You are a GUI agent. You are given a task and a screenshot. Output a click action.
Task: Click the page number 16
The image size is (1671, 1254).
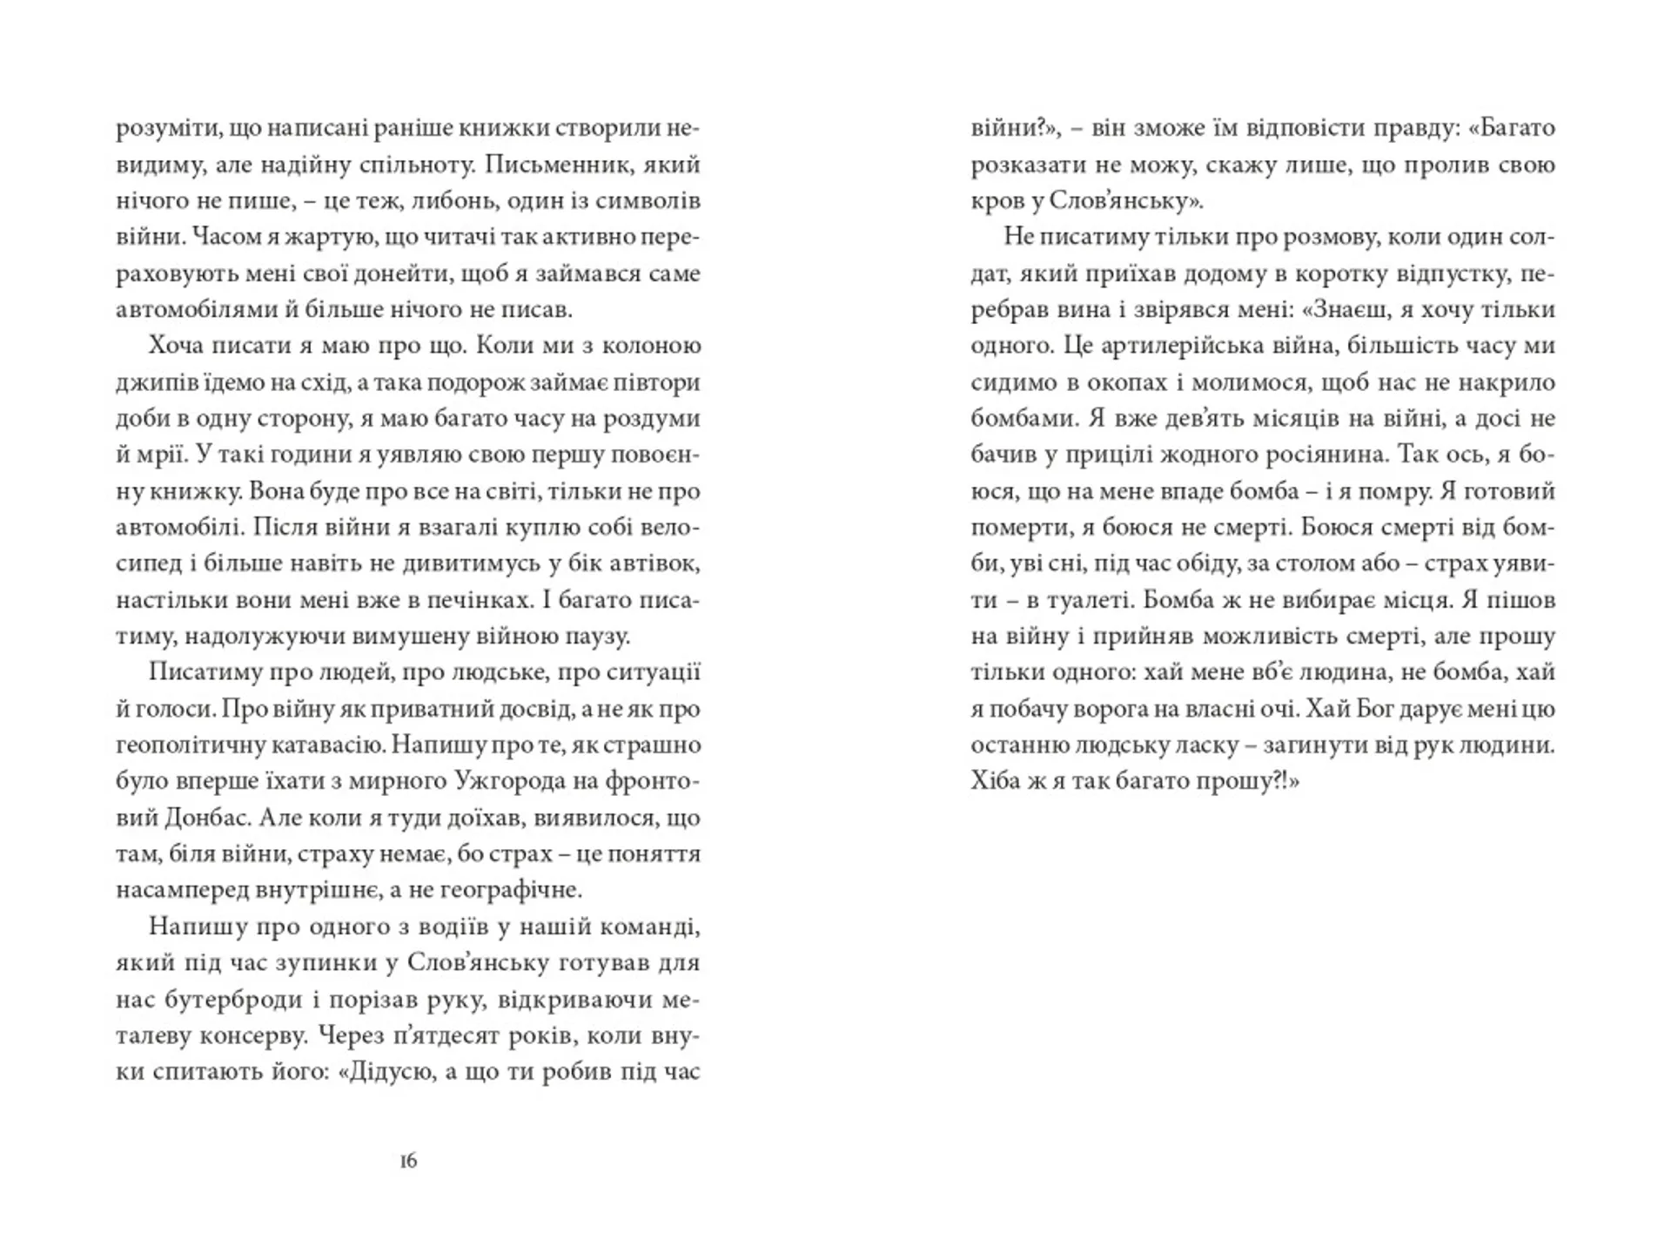tap(408, 1161)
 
